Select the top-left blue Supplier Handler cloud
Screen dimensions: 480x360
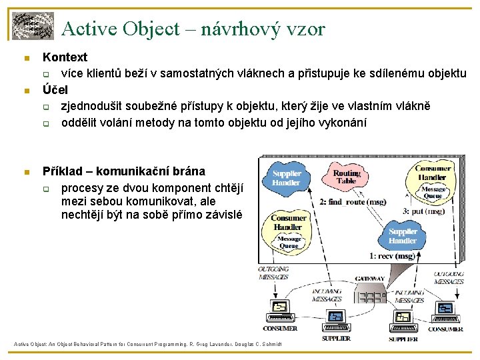pos(286,178)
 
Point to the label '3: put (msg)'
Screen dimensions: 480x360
pos(423,211)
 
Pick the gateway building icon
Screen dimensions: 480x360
pos(369,293)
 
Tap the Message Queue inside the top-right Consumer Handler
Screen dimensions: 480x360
pos(434,193)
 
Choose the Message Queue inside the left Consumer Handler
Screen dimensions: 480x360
pos(289,241)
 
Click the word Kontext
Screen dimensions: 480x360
pos(65,57)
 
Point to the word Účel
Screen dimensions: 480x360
pos(55,89)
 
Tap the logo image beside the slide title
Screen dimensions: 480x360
pos(32,25)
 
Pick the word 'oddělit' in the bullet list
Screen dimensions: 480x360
pos(81,122)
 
